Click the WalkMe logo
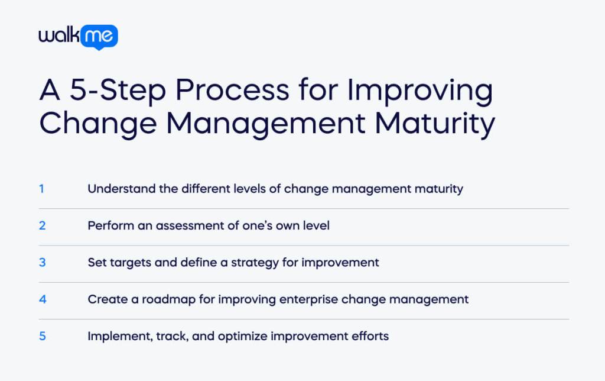[x=78, y=37]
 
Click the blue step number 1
[x=42, y=189]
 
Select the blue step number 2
[x=42, y=225]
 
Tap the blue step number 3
[x=42, y=262]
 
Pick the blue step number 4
[x=42, y=299]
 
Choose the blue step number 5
[x=42, y=336]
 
